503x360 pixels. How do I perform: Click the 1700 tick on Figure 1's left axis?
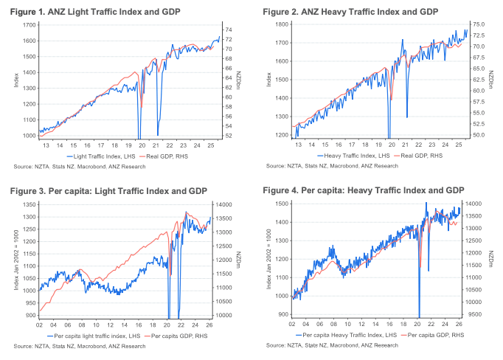point(30,24)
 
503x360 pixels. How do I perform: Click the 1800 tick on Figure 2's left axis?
point(282,24)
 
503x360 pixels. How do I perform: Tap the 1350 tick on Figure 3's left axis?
point(30,202)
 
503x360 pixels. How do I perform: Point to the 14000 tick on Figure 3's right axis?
point(222,204)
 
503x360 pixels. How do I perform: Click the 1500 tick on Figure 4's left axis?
point(282,203)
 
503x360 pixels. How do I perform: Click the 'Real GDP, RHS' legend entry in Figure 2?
point(420,157)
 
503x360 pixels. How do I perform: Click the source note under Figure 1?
point(80,167)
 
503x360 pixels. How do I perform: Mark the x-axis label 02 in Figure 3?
point(39,325)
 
